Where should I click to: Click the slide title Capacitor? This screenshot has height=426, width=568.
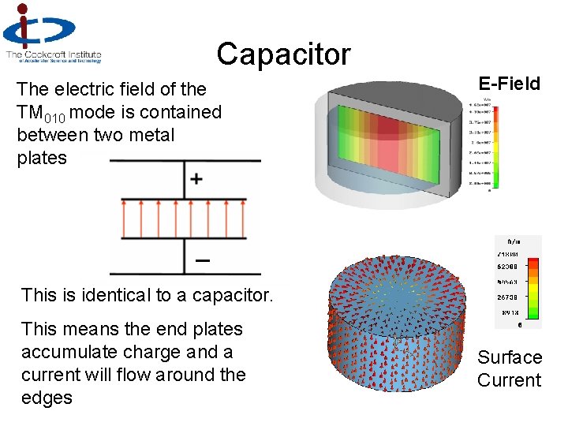283,54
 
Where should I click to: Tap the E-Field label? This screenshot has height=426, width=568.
509,84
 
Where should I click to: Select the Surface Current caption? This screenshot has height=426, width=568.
509,368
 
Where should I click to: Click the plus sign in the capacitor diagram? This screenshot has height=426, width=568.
196,179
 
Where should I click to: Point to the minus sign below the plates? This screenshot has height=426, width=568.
202,260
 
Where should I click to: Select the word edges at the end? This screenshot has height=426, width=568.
47,398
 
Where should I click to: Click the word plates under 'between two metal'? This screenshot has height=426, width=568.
42,158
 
